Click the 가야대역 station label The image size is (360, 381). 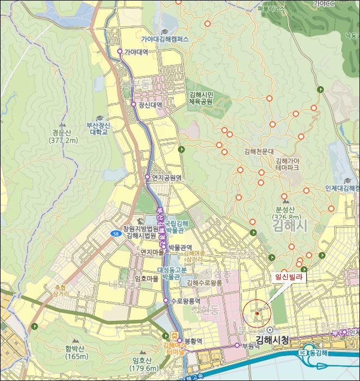136,52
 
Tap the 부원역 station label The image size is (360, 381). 252,345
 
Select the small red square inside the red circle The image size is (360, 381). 257,314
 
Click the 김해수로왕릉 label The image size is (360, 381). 204,282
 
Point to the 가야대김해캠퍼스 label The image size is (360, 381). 165,39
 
